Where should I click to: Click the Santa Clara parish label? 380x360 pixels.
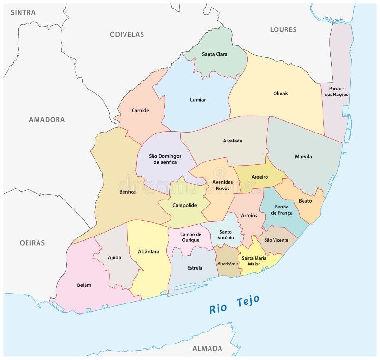point(214,54)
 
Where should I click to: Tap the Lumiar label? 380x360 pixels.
point(198,100)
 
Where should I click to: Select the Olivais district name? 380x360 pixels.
point(280,93)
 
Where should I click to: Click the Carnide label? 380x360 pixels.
point(140,110)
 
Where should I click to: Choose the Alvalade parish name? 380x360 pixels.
point(232,141)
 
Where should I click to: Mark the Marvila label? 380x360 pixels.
point(303,156)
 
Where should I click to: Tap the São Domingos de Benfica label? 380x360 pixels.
point(162,159)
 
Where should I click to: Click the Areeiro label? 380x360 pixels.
point(259,177)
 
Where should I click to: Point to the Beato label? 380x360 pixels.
point(305,201)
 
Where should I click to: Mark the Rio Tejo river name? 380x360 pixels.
point(234,304)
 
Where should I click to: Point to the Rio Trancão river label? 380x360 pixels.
point(332,19)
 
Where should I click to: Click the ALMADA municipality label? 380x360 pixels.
point(207,348)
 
